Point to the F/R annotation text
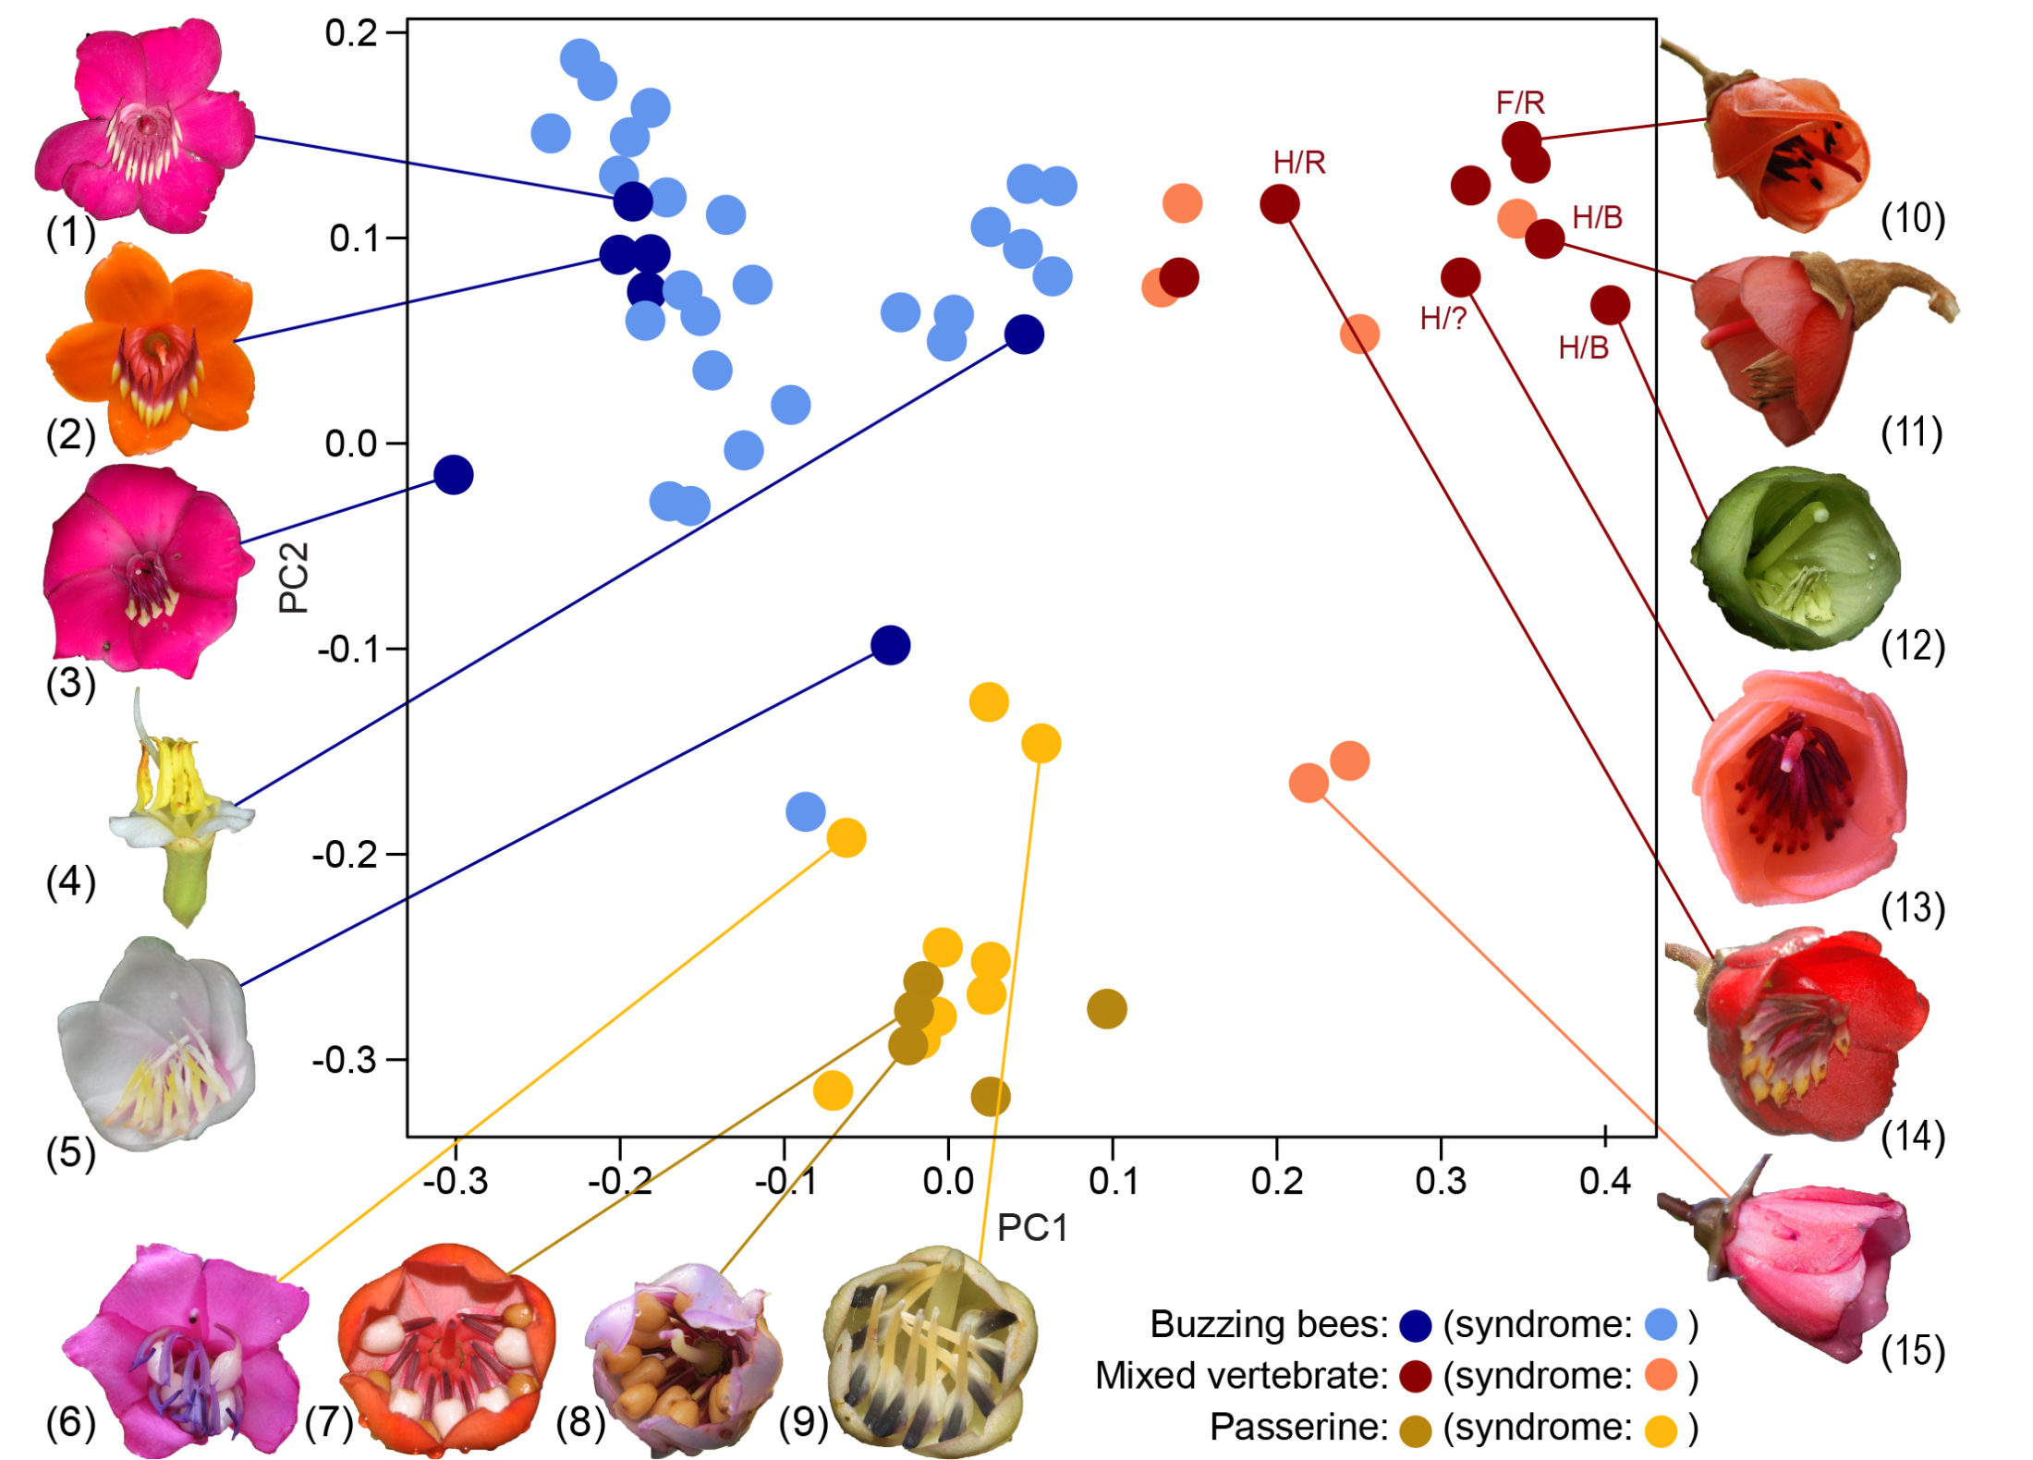(x=1520, y=103)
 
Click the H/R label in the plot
(x=1298, y=163)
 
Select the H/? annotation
(x=1443, y=319)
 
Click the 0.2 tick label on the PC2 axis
(x=351, y=33)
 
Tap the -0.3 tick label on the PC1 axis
(x=455, y=1181)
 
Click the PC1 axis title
(x=1032, y=1228)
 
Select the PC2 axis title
(x=294, y=578)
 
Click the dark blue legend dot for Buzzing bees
(x=1415, y=1325)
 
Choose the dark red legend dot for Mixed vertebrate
(x=1415, y=1376)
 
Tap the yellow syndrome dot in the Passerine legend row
(x=1661, y=1428)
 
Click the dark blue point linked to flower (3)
(x=454, y=475)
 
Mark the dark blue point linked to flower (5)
(x=890, y=645)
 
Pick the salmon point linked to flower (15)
(x=1309, y=784)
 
